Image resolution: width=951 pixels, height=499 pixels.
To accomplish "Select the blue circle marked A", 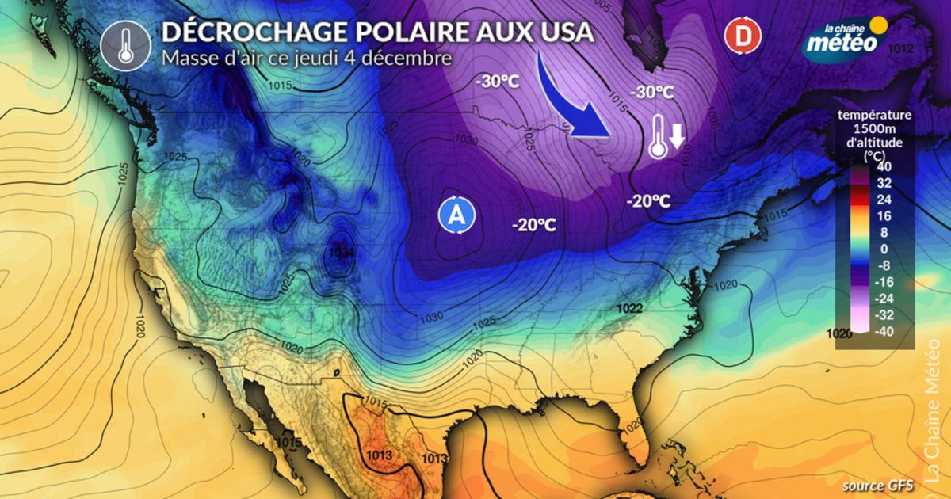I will pos(456,214).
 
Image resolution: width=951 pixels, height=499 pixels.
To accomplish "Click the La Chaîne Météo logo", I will pos(843,36).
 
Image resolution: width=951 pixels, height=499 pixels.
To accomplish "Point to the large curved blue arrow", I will pos(575,103).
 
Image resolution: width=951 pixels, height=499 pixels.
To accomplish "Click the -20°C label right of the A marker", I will pos(533,226).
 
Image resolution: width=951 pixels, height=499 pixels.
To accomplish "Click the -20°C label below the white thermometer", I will pos(648,201).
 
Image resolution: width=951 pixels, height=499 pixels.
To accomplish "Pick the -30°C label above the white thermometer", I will pos(651,92).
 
